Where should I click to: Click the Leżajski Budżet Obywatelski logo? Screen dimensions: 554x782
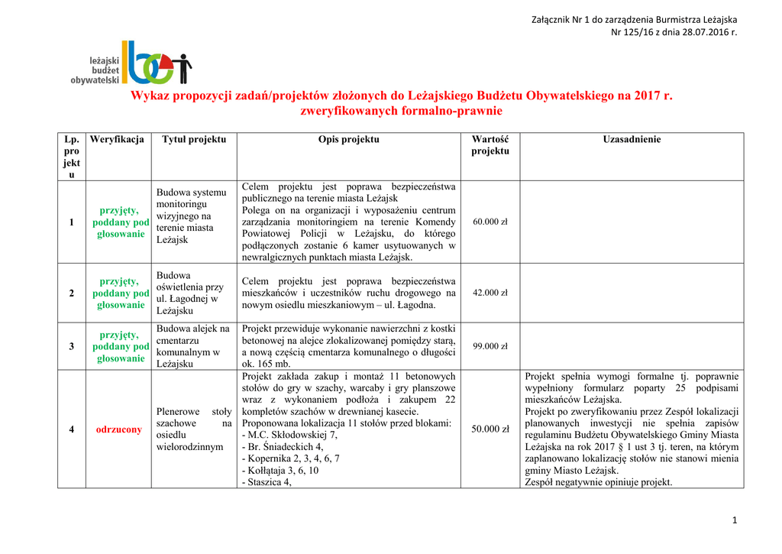click(131, 63)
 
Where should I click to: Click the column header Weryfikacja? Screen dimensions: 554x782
click(117, 140)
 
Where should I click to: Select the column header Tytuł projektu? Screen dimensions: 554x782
click(194, 140)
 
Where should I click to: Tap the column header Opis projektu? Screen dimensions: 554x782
click(348, 140)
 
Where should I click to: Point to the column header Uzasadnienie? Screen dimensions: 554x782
click(632, 140)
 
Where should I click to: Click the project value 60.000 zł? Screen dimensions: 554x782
click(490, 222)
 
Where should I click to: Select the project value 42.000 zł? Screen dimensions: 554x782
click(490, 293)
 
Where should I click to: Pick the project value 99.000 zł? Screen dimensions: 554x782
click(490, 347)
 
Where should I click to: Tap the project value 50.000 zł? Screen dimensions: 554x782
click(490, 429)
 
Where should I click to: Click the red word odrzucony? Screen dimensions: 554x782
click(118, 429)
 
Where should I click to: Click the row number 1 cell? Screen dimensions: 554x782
click(72, 222)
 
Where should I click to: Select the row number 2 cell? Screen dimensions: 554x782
click(72, 293)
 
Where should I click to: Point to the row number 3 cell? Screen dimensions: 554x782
click(72, 347)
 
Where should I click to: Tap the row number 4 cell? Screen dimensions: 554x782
click(72, 429)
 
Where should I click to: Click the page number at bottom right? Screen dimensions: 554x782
click(734, 521)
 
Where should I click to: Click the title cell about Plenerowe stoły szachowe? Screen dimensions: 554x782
click(194, 429)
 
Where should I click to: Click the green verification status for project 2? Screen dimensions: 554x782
click(121, 293)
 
